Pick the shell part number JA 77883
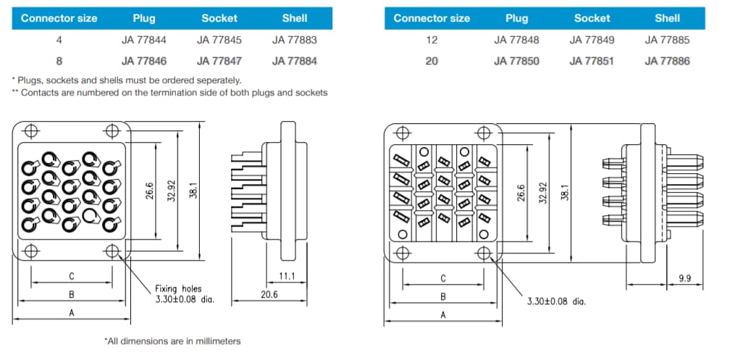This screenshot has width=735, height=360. [x=295, y=41]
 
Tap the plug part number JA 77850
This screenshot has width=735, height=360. [x=516, y=61]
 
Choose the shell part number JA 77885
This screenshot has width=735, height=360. [x=667, y=41]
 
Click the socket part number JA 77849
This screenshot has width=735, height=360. [x=592, y=41]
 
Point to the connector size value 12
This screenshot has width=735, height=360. [x=432, y=41]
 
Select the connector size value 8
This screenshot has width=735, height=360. [x=59, y=61]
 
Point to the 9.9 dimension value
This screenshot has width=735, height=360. [x=684, y=277]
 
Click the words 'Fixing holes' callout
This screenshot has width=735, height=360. [x=179, y=288]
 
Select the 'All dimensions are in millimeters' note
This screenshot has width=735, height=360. [x=172, y=340]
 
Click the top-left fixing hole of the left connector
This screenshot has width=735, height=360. [x=31, y=131]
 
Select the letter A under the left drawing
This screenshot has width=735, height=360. [x=71, y=314]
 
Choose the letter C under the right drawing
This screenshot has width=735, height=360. [x=443, y=278]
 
